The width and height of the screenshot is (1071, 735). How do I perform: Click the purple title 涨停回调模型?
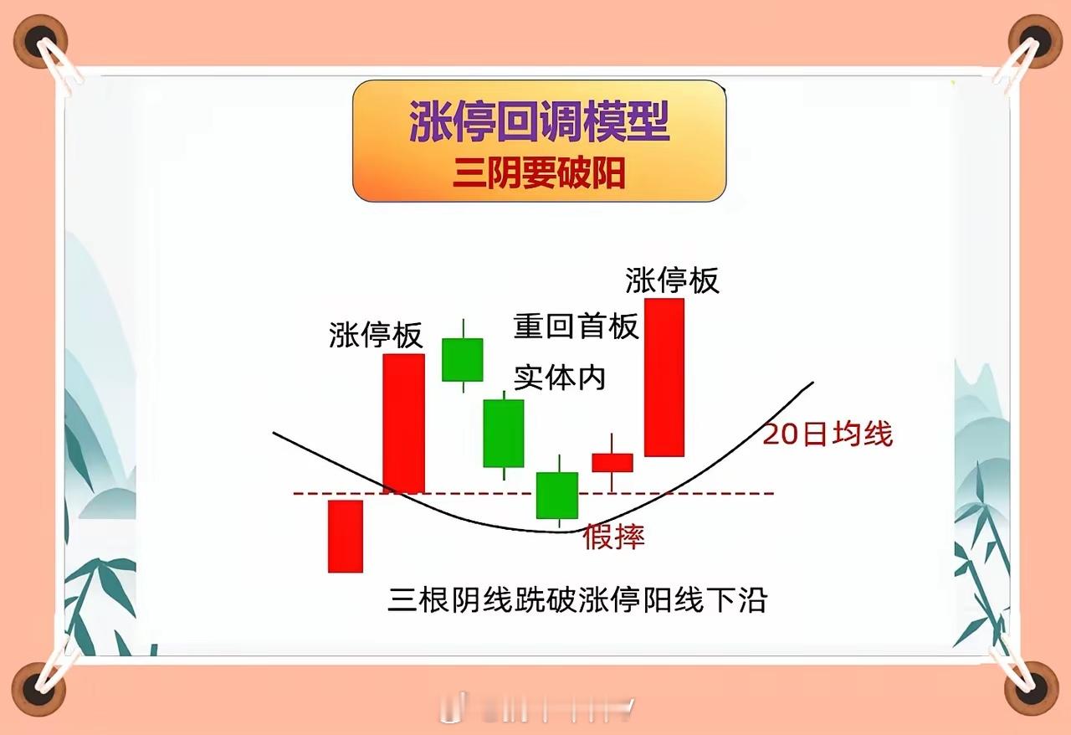(x=540, y=121)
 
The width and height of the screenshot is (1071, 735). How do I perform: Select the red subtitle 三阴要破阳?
(x=539, y=173)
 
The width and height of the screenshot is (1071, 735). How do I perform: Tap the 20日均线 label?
(x=828, y=434)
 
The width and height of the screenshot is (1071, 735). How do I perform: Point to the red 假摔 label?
(x=613, y=537)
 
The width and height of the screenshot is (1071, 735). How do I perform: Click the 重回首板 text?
(x=576, y=326)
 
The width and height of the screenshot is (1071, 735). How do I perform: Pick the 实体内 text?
(x=560, y=378)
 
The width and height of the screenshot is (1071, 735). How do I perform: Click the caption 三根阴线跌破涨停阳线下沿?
(x=577, y=599)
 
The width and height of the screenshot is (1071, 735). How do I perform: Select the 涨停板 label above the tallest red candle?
(x=672, y=280)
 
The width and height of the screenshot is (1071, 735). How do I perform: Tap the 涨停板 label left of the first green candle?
(x=376, y=335)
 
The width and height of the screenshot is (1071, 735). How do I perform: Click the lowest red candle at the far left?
(x=346, y=537)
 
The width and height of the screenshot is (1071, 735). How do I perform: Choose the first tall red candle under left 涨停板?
(x=403, y=424)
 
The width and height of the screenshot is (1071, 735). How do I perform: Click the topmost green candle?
(x=463, y=360)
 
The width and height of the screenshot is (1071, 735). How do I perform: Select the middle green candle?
(x=504, y=434)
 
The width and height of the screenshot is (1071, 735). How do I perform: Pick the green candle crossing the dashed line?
(x=557, y=496)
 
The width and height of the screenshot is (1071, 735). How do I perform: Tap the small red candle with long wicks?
(x=612, y=463)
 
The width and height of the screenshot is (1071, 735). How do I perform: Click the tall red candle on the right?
(x=664, y=378)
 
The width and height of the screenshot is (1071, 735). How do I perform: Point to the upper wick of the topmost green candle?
(x=463, y=329)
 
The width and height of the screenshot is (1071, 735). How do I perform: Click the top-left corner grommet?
(x=40, y=41)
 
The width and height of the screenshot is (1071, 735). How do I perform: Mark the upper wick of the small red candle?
(x=612, y=444)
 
